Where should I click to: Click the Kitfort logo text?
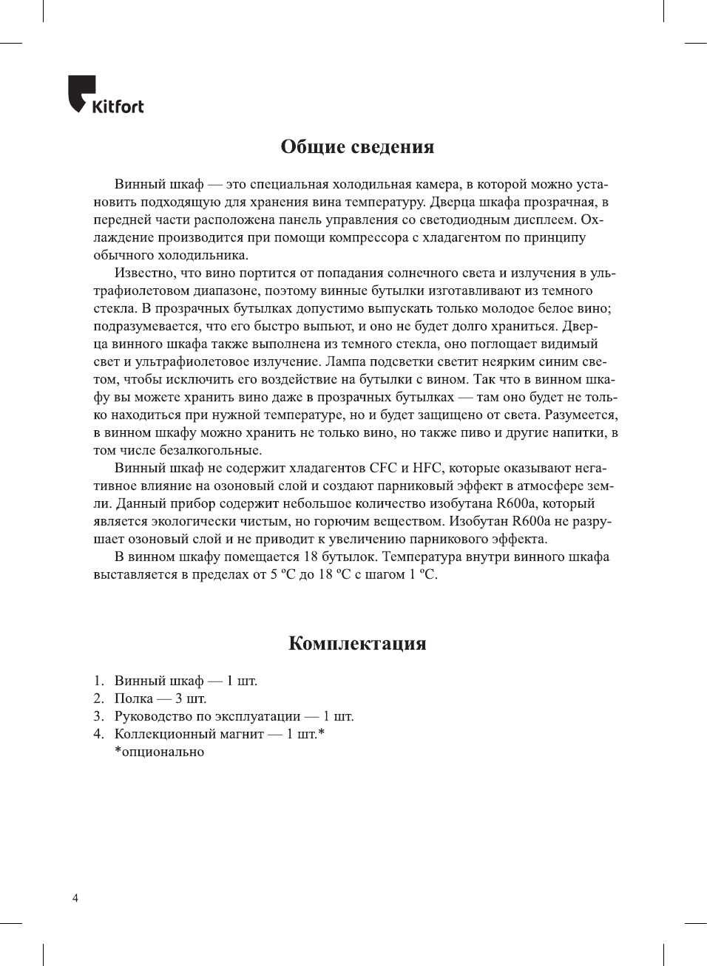118,106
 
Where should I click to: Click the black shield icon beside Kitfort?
81,92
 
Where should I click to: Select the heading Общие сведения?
357,146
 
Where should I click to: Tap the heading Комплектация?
357,643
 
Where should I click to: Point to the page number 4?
75,899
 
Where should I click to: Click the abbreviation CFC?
383,468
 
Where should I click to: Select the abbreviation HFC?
427,468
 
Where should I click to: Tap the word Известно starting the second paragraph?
145,273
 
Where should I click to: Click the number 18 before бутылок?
311,557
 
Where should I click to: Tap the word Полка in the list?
133,698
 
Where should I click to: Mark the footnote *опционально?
159,752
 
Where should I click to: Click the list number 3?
98,716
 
